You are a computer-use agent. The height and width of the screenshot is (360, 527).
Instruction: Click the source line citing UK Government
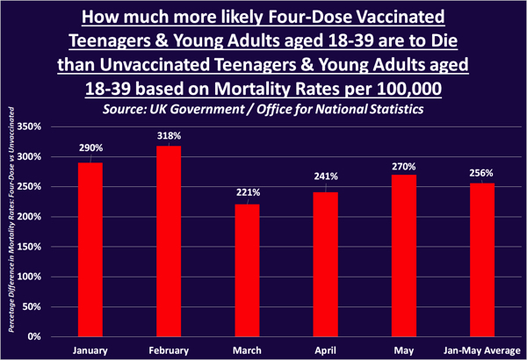pos(263,108)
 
